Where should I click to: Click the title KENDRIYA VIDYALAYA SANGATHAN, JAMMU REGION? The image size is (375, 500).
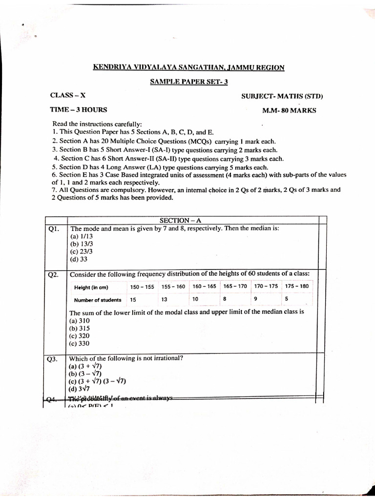[188, 67]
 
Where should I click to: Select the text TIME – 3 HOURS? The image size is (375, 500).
[79, 110]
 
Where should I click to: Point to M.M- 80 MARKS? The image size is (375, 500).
[289, 110]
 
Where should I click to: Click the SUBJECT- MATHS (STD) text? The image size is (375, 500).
[282, 96]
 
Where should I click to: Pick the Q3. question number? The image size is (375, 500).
[52, 359]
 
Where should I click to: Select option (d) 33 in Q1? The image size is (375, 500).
[79, 259]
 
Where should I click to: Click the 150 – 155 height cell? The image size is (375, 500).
[142, 287]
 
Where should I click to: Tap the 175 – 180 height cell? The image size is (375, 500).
[296, 286]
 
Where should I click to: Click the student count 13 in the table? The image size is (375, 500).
[165, 299]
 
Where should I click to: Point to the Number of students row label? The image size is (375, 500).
[98, 300]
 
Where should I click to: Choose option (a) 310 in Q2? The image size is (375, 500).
[81, 321]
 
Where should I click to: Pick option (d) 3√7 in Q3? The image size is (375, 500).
[80, 389]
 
